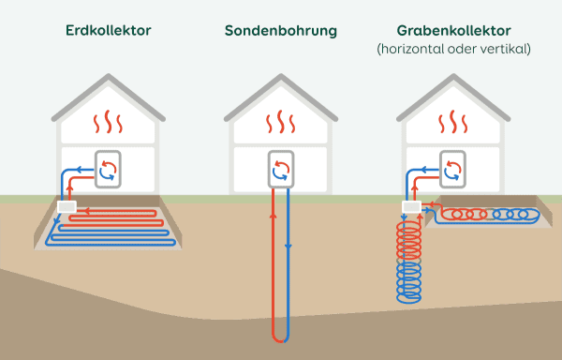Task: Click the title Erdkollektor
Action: pyautogui.click(x=109, y=31)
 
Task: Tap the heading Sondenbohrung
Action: pyautogui.click(x=280, y=31)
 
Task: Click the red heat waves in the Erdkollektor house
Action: pyautogui.click(x=109, y=123)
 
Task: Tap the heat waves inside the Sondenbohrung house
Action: pyautogui.click(x=281, y=123)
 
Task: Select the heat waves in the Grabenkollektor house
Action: pyautogui.click(x=453, y=123)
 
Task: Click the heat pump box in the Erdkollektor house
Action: pyautogui.click(x=109, y=168)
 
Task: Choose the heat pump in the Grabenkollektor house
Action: pyautogui.click(x=453, y=168)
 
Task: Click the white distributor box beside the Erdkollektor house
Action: pyautogui.click(x=67, y=205)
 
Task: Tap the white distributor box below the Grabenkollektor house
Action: pyautogui.click(x=411, y=205)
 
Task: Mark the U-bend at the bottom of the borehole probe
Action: pyautogui.click(x=280, y=336)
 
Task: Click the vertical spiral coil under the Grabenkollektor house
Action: pyautogui.click(x=410, y=258)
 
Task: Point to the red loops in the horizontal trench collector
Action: pyautogui.click(x=459, y=214)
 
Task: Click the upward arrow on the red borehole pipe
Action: pyautogui.click(x=273, y=216)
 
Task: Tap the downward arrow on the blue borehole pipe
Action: pyautogui.click(x=288, y=247)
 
